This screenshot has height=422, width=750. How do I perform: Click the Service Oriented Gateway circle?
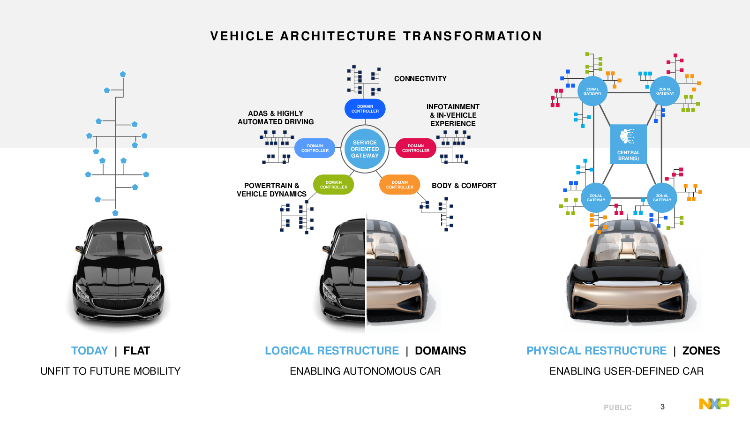tap(365, 149)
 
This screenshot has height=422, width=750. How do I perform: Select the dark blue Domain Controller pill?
tap(365, 109)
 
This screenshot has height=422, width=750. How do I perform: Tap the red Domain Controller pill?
tap(415, 148)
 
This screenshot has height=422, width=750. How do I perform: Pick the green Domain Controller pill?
tap(333, 185)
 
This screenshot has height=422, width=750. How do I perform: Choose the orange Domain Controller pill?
tap(399, 185)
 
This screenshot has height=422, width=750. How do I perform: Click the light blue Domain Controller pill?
tap(315, 148)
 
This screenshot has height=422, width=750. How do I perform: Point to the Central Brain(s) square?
tap(629, 144)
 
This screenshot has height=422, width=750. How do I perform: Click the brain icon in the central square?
tap(627, 136)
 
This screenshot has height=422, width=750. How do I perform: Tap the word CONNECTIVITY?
tap(420, 79)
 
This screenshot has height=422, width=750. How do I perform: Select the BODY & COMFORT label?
tap(464, 186)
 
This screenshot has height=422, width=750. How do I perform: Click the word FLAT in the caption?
tap(136, 351)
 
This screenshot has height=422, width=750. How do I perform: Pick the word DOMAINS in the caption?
tap(440, 351)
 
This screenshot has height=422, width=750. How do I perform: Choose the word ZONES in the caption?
tap(701, 351)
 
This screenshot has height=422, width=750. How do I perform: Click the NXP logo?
tap(714, 404)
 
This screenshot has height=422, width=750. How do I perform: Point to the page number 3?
tap(662, 407)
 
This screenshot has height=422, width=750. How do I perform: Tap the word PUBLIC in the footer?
tap(618, 407)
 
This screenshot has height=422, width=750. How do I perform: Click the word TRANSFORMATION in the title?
tap(472, 36)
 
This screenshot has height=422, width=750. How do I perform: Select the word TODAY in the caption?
tap(90, 351)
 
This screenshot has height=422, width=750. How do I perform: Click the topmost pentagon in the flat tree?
tap(123, 74)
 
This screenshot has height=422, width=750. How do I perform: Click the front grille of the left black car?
tap(118, 303)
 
